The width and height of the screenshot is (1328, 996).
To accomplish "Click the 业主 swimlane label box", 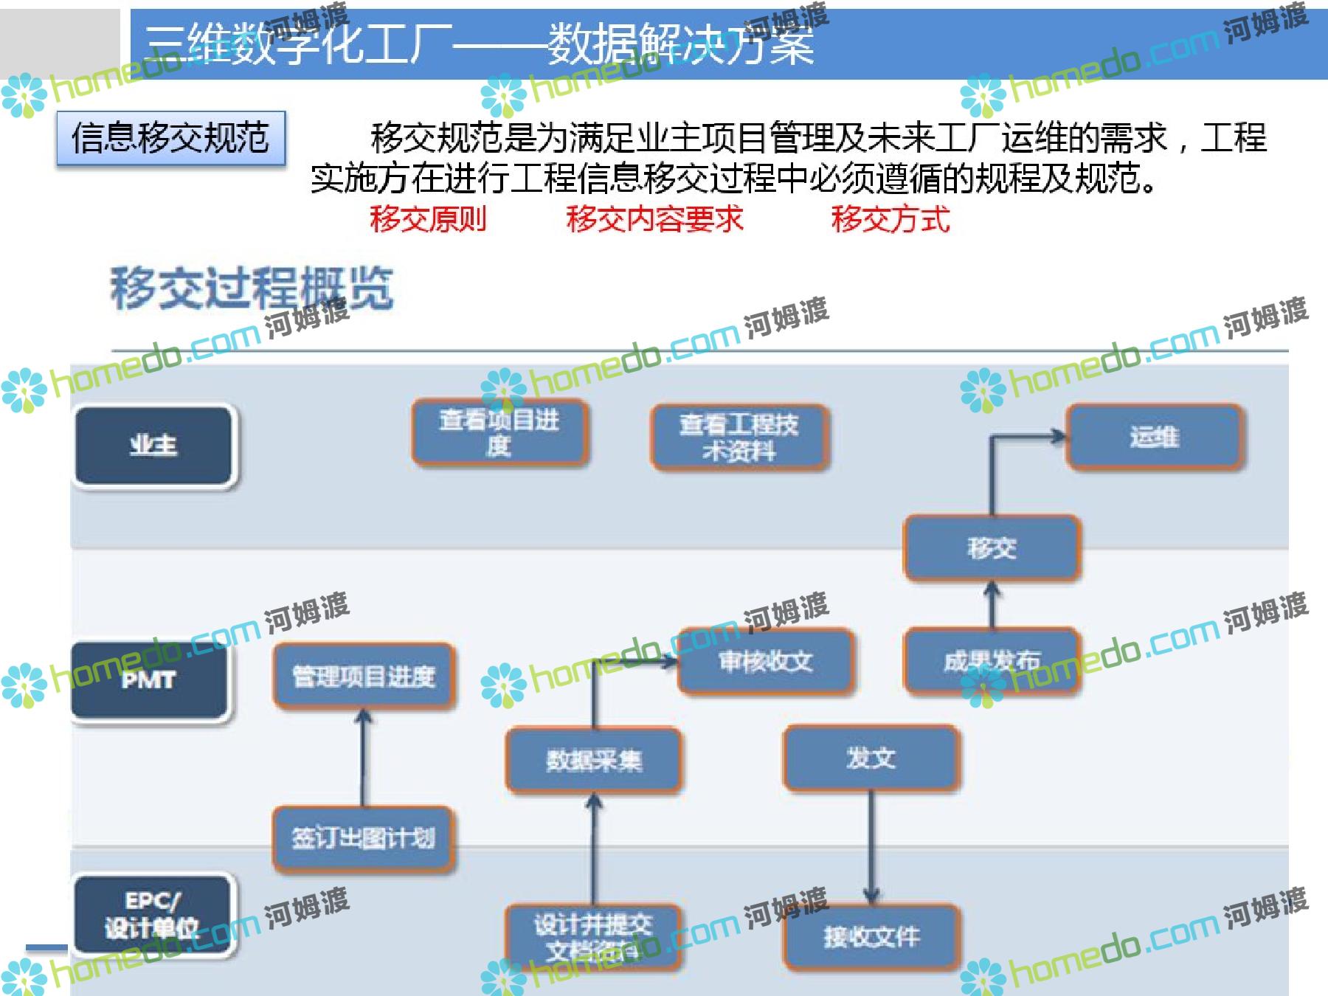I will click(153, 446).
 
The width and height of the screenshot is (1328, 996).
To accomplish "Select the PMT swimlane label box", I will click(149, 679).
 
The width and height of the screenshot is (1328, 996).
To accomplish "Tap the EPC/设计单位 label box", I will click(152, 916).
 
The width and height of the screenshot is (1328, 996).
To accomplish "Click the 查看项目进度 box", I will click(499, 433).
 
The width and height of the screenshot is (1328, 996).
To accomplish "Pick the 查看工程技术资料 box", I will click(739, 438).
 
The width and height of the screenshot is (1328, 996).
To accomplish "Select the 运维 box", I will click(1155, 437).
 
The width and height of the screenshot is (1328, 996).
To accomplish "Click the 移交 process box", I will click(992, 548).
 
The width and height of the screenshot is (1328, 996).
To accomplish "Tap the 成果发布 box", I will click(992, 661).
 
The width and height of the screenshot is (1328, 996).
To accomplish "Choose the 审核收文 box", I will click(766, 661).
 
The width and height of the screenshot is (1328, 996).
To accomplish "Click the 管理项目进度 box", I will click(364, 676).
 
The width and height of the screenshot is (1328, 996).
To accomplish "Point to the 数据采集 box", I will click(593, 760).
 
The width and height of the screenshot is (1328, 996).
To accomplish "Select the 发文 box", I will click(871, 758).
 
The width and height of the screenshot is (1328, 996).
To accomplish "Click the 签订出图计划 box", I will click(363, 838).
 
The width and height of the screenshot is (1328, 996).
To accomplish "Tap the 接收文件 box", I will click(871, 937).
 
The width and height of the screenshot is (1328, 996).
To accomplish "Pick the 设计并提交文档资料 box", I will click(593, 937).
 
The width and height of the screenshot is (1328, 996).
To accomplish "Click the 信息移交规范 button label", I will click(170, 138).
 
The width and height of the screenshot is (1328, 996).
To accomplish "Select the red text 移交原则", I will click(428, 219).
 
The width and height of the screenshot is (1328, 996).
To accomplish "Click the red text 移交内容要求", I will click(654, 219).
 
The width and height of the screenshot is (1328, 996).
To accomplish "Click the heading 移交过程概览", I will click(252, 288).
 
